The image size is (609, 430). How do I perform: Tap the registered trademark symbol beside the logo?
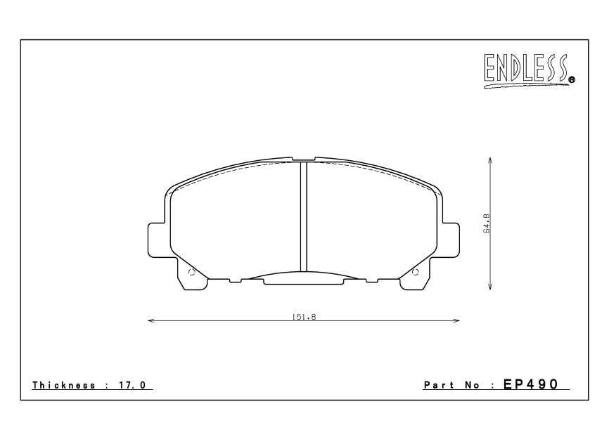tap(572, 80)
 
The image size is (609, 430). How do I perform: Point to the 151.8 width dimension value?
tap(304, 317)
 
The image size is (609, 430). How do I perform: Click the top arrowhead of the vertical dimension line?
tap(489, 159)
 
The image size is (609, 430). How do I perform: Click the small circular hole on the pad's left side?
tap(193, 273)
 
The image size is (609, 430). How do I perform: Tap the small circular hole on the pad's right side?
tap(415, 273)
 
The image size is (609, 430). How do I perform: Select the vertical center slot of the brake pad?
tap(304, 216)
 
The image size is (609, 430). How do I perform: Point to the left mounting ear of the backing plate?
tap(158, 240)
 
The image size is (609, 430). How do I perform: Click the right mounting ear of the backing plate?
tap(449, 240)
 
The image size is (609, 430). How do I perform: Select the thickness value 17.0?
tap(138, 385)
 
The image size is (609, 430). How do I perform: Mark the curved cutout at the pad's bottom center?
tap(304, 276)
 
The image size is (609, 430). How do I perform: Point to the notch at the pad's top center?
tap(304, 159)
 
